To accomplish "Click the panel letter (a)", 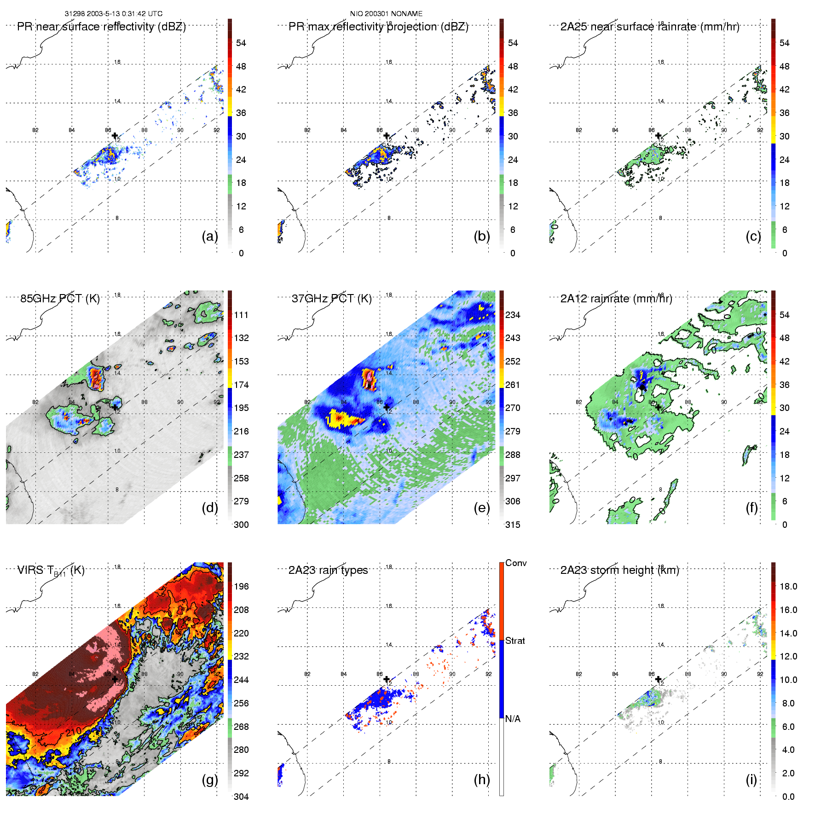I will click(210, 237).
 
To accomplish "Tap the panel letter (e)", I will click(481, 508).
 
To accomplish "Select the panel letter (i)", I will click(751, 780).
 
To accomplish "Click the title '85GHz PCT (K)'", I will click(60, 299).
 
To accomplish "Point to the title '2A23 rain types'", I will click(328, 570).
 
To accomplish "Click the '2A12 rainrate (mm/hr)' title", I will click(616, 299).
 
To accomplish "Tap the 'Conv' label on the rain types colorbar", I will click(516, 563).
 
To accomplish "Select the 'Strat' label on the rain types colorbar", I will click(515, 641).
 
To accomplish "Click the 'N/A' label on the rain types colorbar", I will click(513, 719).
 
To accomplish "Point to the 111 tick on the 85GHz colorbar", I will click(241, 315).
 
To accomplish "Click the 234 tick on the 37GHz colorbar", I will click(513, 315).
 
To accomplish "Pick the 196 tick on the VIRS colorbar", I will click(241, 587).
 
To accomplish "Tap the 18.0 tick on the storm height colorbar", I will click(788, 587).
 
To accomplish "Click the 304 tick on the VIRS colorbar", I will click(241, 797).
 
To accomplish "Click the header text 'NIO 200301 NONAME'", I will click(386, 14).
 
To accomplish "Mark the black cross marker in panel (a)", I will click(115, 135).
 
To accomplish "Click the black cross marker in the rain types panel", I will click(387, 679).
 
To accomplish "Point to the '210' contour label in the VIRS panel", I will click(74, 732).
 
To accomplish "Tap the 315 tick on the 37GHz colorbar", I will click(513, 525).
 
